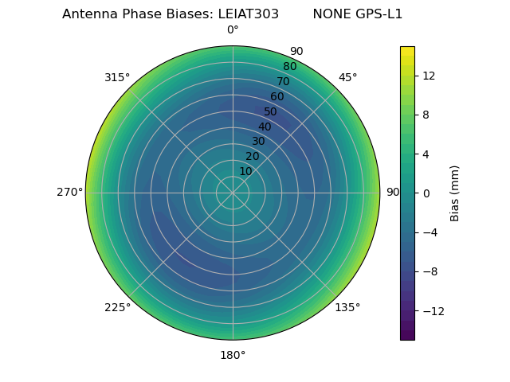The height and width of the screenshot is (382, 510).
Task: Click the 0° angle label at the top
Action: click(x=233, y=30)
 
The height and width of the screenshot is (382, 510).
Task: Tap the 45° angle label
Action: click(x=347, y=77)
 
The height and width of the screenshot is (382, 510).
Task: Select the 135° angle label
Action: click(x=347, y=307)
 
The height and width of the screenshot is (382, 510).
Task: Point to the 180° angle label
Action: click(x=233, y=355)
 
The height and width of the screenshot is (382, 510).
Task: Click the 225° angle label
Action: click(x=117, y=307)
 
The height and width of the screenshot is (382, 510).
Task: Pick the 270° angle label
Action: click(x=69, y=192)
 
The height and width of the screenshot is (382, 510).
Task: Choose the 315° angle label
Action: click(x=117, y=77)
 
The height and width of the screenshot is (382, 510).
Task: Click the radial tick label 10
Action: click(x=245, y=171)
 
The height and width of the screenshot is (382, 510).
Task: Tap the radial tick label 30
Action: click(x=258, y=141)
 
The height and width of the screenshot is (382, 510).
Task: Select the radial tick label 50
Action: click(x=271, y=111)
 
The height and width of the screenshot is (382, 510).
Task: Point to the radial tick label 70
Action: click(x=283, y=81)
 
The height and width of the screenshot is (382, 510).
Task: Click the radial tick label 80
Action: click(x=289, y=66)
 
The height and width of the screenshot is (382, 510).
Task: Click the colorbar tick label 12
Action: click(x=428, y=76)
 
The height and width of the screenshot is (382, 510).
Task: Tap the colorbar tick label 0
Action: click(x=426, y=193)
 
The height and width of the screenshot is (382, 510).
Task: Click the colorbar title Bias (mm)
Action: click(x=455, y=193)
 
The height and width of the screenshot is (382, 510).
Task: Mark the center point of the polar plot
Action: click(x=233, y=193)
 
